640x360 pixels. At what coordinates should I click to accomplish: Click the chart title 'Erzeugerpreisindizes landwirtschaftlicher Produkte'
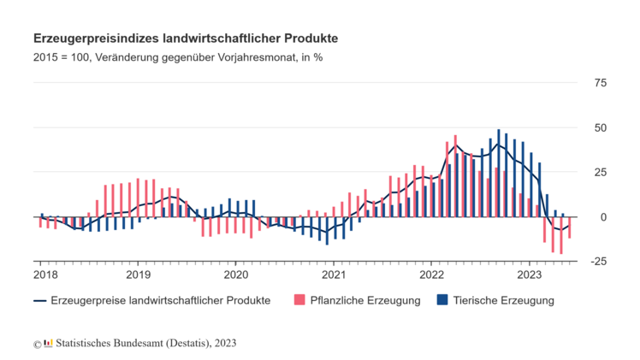point(185,38)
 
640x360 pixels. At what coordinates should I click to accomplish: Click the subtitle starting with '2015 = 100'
point(178,58)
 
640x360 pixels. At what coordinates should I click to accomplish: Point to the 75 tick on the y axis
point(601,83)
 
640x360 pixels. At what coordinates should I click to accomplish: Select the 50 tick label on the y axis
point(601,127)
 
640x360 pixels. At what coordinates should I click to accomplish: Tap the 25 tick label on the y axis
point(601,173)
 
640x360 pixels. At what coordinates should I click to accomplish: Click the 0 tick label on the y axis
point(603,217)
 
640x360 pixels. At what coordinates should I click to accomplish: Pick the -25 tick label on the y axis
point(599,262)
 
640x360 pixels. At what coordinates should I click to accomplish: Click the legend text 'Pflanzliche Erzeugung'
point(366,300)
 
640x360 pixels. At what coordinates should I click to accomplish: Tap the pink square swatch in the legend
point(299,300)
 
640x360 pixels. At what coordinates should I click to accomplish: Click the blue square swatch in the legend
point(442,300)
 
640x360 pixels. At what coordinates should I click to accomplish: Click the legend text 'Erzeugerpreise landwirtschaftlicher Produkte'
point(161,300)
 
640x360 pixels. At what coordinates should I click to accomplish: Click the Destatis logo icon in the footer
point(48,344)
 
